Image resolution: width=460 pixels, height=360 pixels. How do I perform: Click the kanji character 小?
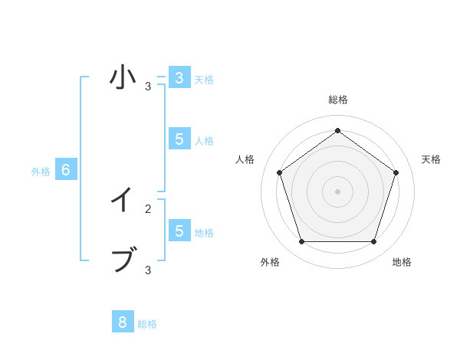click(x=123, y=77)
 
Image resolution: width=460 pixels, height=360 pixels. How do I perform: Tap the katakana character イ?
click(x=123, y=201)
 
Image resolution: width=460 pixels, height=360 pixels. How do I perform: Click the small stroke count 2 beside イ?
click(x=148, y=208)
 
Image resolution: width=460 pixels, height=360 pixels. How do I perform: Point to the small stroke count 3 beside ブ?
click(x=148, y=270)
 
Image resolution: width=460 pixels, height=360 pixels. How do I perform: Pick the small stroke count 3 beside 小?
click(x=148, y=87)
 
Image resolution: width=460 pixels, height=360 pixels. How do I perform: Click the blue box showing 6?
click(x=66, y=170)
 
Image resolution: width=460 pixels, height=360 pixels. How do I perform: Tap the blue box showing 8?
click(x=123, y=322)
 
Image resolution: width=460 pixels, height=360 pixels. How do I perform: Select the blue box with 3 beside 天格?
click(x=179, y=78)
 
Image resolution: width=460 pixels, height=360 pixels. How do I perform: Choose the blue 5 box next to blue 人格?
click(x=179, y=139)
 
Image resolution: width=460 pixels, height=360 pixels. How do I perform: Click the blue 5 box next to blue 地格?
click(x=179, y=231)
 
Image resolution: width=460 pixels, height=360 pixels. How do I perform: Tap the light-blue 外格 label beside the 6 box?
click(x=41, y=172)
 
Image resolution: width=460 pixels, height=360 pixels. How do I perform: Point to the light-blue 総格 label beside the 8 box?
click(x=147, y=324)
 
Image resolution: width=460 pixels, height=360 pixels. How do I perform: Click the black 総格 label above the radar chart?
click(x=338, y=100)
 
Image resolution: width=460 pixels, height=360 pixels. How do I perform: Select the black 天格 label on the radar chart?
click(x=431, y=159)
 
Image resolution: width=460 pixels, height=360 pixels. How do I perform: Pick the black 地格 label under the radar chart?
click(x=402, y=262)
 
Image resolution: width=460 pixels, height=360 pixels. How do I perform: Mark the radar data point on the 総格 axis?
click(x=337, y=130)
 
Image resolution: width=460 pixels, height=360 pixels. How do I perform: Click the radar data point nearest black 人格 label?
click(x=279, y=172)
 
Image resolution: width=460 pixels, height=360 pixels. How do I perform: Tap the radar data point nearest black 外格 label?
click(x=301, y=241)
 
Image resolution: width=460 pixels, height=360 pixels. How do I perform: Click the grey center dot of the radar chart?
click(x=337, y=191)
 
